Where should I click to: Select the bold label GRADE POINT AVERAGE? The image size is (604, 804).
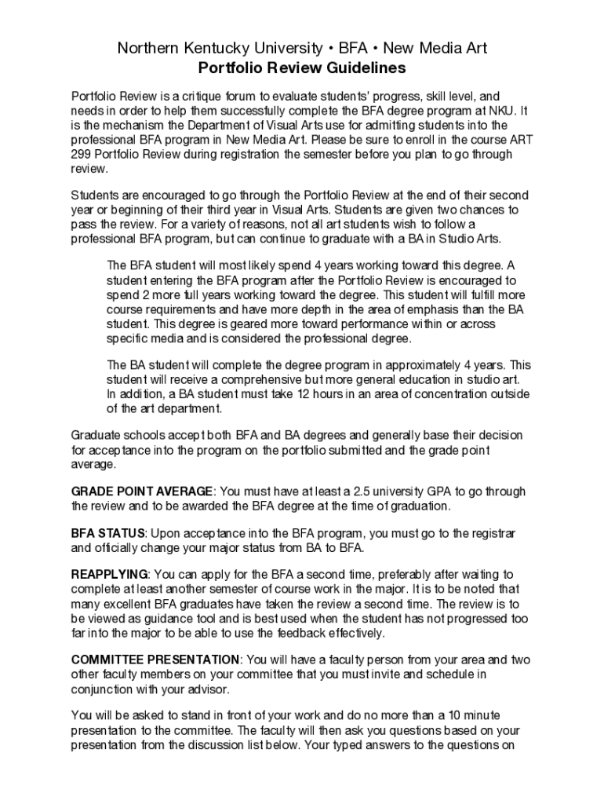click(142, 492)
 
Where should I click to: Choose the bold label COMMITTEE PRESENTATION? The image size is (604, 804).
click(155, 660)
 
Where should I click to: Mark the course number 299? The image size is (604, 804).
click(82, 154)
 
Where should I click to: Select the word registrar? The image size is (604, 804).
click(492, 534)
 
